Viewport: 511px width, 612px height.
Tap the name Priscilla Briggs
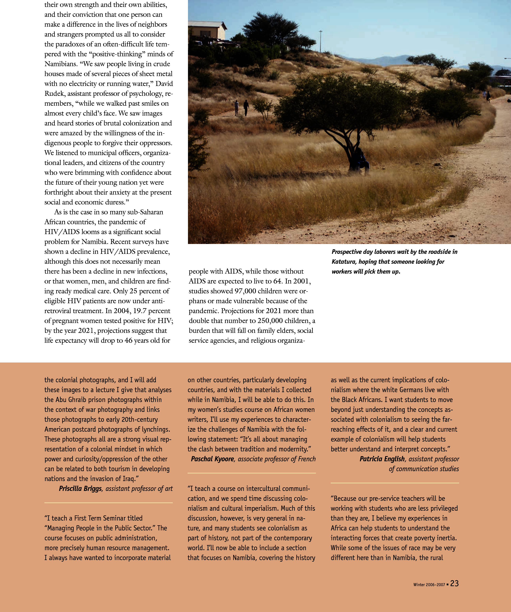80,488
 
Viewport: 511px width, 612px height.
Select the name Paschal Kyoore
212,459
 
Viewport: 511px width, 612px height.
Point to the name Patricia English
382,459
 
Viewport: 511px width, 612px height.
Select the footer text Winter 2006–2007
429,585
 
